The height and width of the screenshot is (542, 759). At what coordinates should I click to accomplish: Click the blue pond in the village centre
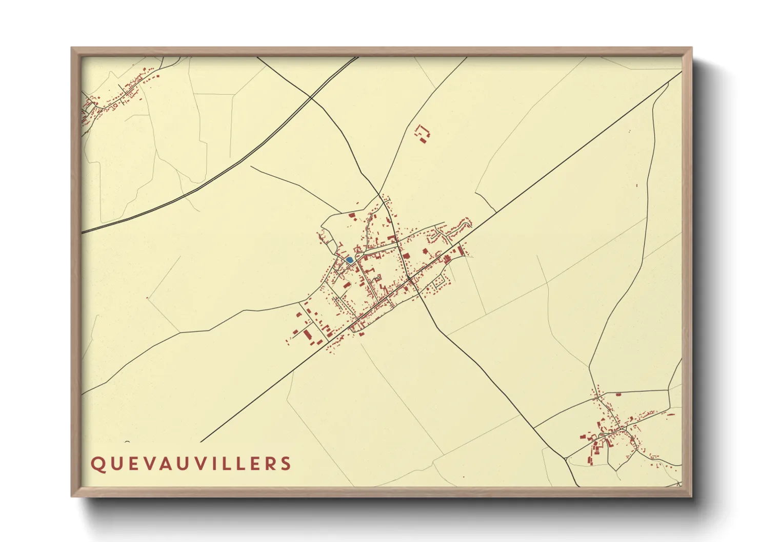[349, 260]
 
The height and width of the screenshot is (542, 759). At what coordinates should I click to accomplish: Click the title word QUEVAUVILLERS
[191, 464]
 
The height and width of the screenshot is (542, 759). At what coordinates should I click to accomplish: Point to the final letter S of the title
[286, 464]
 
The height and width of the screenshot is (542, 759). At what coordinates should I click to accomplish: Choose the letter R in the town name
[270, 464]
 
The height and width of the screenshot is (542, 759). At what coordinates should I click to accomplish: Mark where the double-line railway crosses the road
[311, 97]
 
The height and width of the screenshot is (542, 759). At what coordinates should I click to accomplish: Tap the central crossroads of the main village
[409, 279]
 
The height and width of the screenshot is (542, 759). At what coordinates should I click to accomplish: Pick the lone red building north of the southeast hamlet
[618, 394]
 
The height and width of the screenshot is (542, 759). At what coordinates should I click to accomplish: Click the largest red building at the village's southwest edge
[307, 335]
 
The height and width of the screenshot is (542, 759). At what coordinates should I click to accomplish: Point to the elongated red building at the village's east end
[460, 251]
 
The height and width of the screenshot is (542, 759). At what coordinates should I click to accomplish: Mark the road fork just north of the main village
[379, 195]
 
